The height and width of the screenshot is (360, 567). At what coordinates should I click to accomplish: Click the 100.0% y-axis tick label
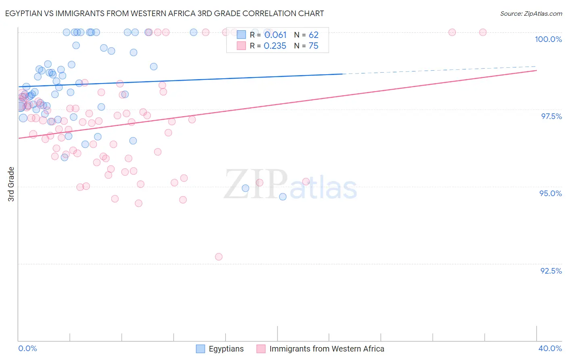[548, 39]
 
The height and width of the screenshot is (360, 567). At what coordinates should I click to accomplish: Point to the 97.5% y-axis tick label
[551, 116]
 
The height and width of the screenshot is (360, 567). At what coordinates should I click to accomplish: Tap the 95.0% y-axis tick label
[550, 193]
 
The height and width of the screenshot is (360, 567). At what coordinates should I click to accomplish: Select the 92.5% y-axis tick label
[551, 271]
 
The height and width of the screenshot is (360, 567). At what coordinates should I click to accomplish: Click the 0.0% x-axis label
[27, 348]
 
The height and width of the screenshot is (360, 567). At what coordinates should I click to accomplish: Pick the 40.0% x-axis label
[550, 348]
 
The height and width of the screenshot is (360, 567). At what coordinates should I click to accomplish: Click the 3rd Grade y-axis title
[11, 184]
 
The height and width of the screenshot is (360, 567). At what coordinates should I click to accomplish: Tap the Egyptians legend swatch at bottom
[200, 349]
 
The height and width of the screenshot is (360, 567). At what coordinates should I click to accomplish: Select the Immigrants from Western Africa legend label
[327, 349]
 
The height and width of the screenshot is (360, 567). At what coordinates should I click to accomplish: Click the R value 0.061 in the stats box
[275, 35]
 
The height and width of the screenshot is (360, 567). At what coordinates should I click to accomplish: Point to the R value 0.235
[275, 46]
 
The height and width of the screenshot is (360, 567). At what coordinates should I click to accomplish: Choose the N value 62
[313, 35]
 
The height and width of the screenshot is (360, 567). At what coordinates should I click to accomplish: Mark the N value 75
[313, 46]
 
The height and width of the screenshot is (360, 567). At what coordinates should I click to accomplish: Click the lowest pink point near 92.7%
[219, 257]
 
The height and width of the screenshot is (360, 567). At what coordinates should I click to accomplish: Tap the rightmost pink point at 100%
[483, 32]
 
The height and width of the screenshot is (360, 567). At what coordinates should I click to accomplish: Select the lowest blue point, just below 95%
[283, 197]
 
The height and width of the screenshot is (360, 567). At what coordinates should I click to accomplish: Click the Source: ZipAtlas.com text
[531, 13]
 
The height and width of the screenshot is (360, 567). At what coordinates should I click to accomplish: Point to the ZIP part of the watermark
[256, 184]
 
